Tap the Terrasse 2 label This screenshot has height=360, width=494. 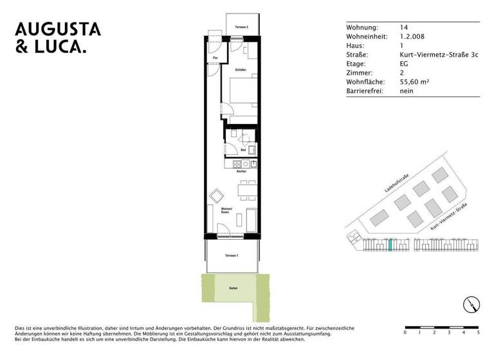coord(241,28)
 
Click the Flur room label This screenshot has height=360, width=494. coord(216,58)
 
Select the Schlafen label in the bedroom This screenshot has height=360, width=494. coord(241,69)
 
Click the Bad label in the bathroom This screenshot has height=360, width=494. coord(243,150)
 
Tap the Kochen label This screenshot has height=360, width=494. coord(241,172)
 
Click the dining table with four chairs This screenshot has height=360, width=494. coord(245,191)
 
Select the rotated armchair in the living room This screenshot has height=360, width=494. coord(217,194)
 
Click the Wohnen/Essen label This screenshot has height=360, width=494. coord(226,210)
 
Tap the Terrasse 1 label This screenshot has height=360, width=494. coord(232,256)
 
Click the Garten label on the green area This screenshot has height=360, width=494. coord(233,289)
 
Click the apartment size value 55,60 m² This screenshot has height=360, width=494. coord(414,82)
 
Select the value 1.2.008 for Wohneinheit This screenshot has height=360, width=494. coord(413,37)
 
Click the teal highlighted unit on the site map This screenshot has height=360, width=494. coord(390,245)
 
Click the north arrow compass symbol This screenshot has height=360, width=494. coord(471,305)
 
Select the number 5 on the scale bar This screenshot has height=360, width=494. coord(478,333)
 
